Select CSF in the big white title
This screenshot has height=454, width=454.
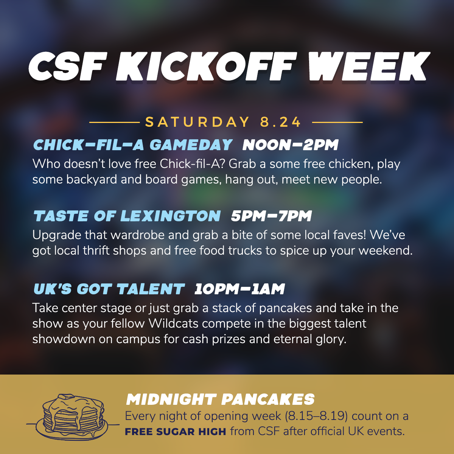[x=68, y=66]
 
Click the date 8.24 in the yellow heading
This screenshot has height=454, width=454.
[x=280, y=122]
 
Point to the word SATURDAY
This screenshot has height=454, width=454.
[x=197, y=122]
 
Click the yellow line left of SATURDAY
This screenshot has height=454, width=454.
[x=115, y=122]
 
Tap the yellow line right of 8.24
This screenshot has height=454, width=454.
[x=337, y=122]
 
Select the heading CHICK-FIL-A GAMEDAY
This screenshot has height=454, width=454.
[x=133, y=145]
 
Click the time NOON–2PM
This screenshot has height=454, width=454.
[x=291, y=145]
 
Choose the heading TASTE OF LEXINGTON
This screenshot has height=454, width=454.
[x=127, y=216]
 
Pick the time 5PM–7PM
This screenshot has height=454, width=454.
[x=271, y=216]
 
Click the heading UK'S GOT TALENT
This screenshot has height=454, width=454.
[x=109, y=289]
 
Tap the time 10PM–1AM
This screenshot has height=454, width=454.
[x=239, y=289]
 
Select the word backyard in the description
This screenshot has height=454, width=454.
[x=92, y=180]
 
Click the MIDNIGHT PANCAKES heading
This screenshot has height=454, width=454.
[x=220, y=400]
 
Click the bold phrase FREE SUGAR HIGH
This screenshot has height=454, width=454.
[x=176, y=432]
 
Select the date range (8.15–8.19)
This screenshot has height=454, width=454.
[x=316, y=416]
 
